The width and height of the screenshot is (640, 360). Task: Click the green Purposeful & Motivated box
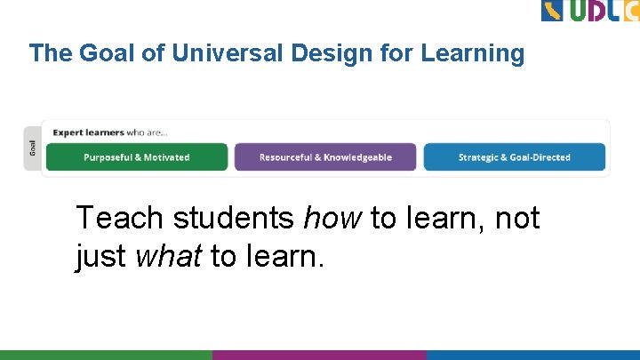137,157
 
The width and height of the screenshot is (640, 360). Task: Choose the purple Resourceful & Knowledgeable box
325,157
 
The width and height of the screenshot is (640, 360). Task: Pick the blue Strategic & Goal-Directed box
514,157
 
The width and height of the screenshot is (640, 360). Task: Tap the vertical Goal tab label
33,148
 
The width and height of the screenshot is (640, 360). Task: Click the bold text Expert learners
88,132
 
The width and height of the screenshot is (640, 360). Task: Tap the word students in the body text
235,218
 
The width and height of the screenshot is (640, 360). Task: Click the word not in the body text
517,218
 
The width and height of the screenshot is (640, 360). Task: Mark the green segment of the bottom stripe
106,355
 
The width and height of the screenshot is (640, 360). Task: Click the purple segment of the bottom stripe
319,355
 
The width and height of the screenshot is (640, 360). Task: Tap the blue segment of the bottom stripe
533,355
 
